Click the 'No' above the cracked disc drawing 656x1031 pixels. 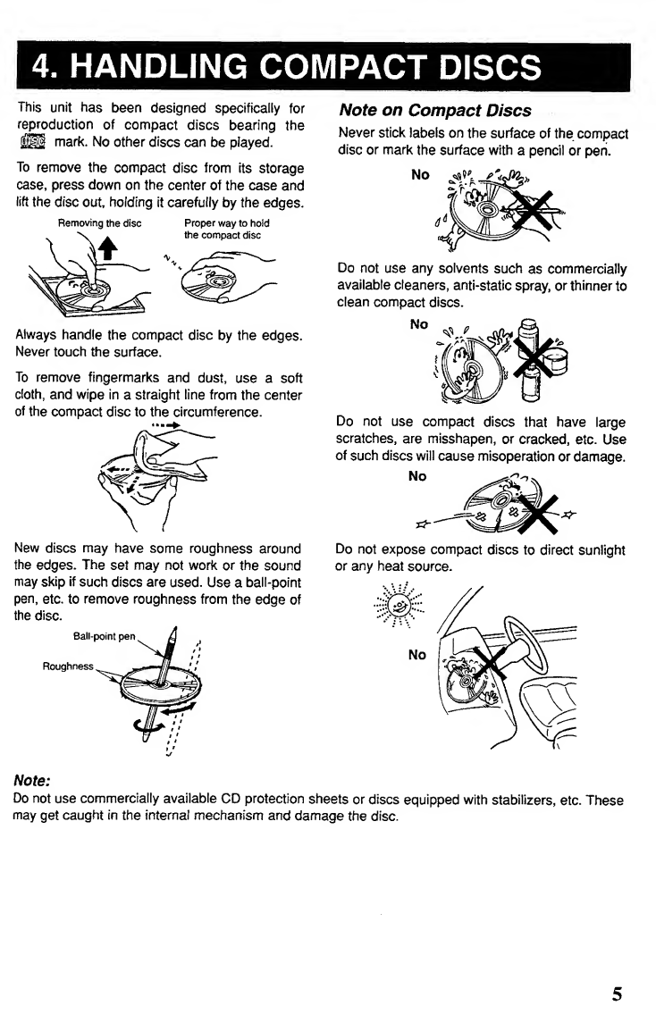click(x=416, y=476)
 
